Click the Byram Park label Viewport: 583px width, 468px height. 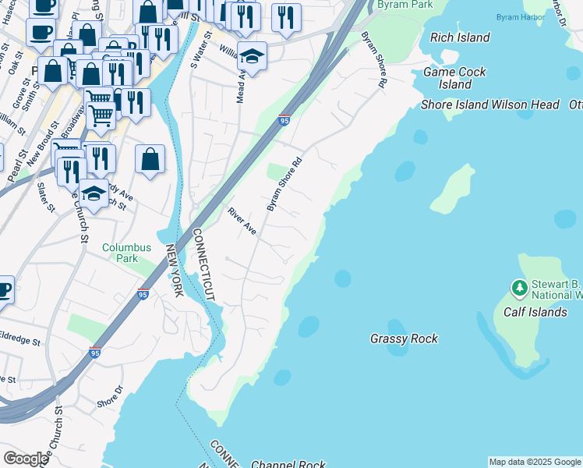coord(404,5)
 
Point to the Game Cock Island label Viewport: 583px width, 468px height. coord(454,78)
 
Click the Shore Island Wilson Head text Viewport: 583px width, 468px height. coord(490,105)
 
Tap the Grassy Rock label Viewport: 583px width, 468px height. coord(404,339)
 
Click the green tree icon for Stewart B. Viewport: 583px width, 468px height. coord(519,289)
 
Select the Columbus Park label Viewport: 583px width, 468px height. coord(120,253)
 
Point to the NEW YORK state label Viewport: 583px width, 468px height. coord(173,270)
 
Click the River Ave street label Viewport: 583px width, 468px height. coord(242,221)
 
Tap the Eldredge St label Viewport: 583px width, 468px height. coord(19,340)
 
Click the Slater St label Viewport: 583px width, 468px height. coord(45,197)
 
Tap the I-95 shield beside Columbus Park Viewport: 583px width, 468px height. coord(142,294)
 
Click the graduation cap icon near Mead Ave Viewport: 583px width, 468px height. coord(252,55)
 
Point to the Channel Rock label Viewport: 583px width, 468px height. coord(288,464)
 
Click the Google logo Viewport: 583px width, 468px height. coord(26,459)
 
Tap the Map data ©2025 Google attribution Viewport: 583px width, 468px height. coord(535,462)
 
